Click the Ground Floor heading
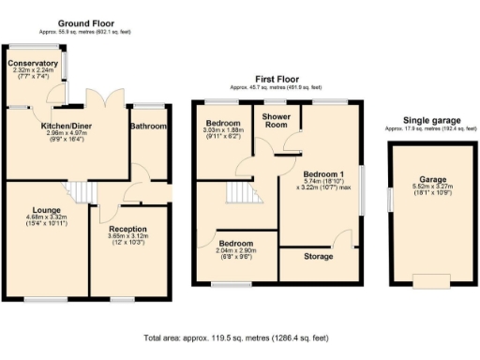pyautogui.click(x=85, y=22)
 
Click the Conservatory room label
pyautogui.click(x=33, y=64)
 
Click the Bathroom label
pyautogui.click(x=147, y=127)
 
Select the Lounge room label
pyautogui.click(x=47, y=210)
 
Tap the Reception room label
pyautogui.click(x=127, y=229)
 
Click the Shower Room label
pyautogui.click(x=275, y=120)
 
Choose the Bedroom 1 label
pyautogui.click(x=322, y=174)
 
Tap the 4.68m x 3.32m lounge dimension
pyautogui.click(x=47, y=217)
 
